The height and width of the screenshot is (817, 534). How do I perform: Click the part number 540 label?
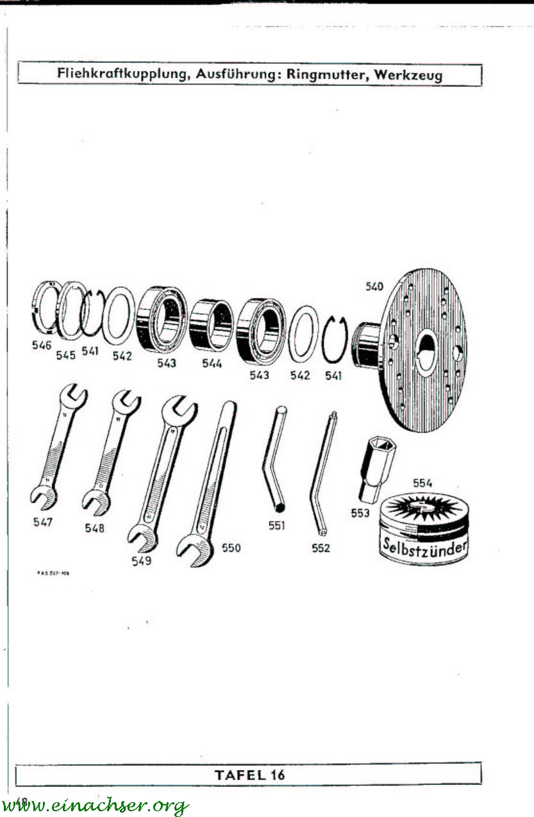tap(374, 287)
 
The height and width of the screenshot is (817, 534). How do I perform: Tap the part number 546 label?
tap(42, 345)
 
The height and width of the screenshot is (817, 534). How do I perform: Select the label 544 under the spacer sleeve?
tap(211, 364)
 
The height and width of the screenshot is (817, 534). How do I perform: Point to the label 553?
tap(360, 513)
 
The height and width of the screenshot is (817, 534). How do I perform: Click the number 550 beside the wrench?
tap(231, 548)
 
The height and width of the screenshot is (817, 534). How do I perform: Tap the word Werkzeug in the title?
tap(408, 74)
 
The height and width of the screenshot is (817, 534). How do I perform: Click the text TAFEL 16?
tap(249, 774)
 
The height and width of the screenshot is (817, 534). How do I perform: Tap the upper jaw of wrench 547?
tap(71, 398)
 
